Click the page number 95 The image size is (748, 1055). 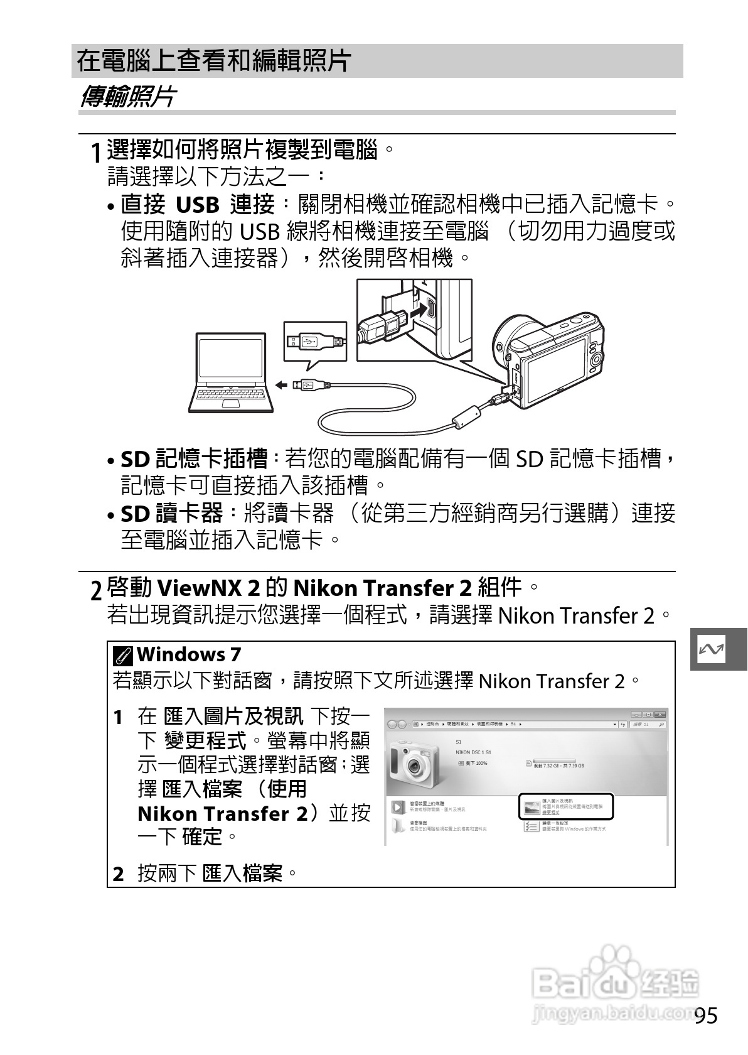click(706, 1015)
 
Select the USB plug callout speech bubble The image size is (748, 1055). click(314, 342)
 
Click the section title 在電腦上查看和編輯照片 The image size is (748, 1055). click(213, 61)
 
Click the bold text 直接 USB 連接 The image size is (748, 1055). click(198, 205)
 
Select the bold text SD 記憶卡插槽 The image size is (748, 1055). click(194, 459)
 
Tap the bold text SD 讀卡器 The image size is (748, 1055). click(171, 514)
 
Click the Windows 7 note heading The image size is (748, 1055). click(189, 654)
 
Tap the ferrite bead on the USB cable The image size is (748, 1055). click(466, 416)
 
